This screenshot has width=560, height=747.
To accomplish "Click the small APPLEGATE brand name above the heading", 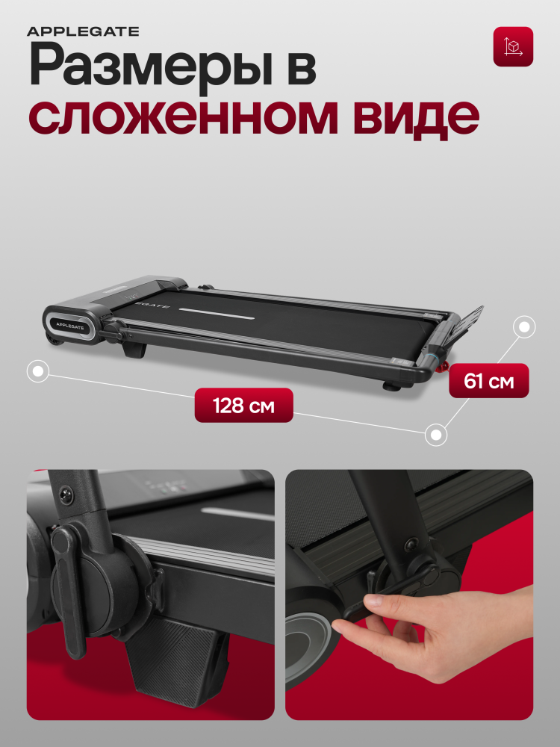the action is point(83,32).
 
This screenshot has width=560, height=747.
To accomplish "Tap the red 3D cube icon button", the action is point(513,46).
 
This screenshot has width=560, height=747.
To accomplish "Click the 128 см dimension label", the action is point(243,406).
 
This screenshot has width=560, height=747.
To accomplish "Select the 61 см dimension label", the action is point(488,381).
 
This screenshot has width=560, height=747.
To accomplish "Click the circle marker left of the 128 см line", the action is point(38,371).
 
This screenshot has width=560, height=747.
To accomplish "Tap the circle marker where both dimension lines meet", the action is point(436,435).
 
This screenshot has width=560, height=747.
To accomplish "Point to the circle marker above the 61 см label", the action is point(524,327).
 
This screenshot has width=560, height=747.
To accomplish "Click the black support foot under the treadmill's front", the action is point(134,348).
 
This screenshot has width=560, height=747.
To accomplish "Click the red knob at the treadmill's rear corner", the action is point(444,366).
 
